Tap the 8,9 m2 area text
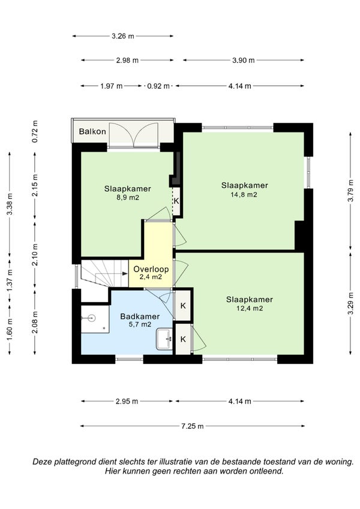click(128, 197)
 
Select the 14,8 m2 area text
click(244, 194)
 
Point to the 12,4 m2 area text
click(250, 308)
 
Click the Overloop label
click(151, 269)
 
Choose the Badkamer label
click(140, 316)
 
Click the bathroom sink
click(164, 339)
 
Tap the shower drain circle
click(92, 318)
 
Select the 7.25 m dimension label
click(193, 426)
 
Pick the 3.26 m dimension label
click(123, 36)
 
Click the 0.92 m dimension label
click(158, 86)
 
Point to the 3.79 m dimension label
click(350, 195)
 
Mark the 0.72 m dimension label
click(35, 131)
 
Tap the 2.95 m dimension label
click(127, 401)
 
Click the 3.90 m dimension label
click(244, 60)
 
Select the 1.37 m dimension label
click(10, 280)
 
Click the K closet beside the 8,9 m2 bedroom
click(176, 201)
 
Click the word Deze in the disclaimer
click(42, 462)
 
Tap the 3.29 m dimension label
click(350, 303)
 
